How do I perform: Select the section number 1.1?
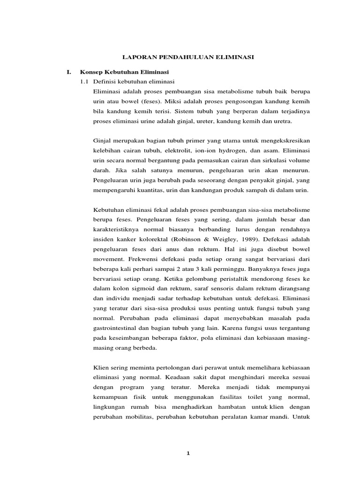[x=84, y=82]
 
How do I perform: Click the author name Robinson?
[x=203, y=239]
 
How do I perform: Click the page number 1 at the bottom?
[x=187, y=453]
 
